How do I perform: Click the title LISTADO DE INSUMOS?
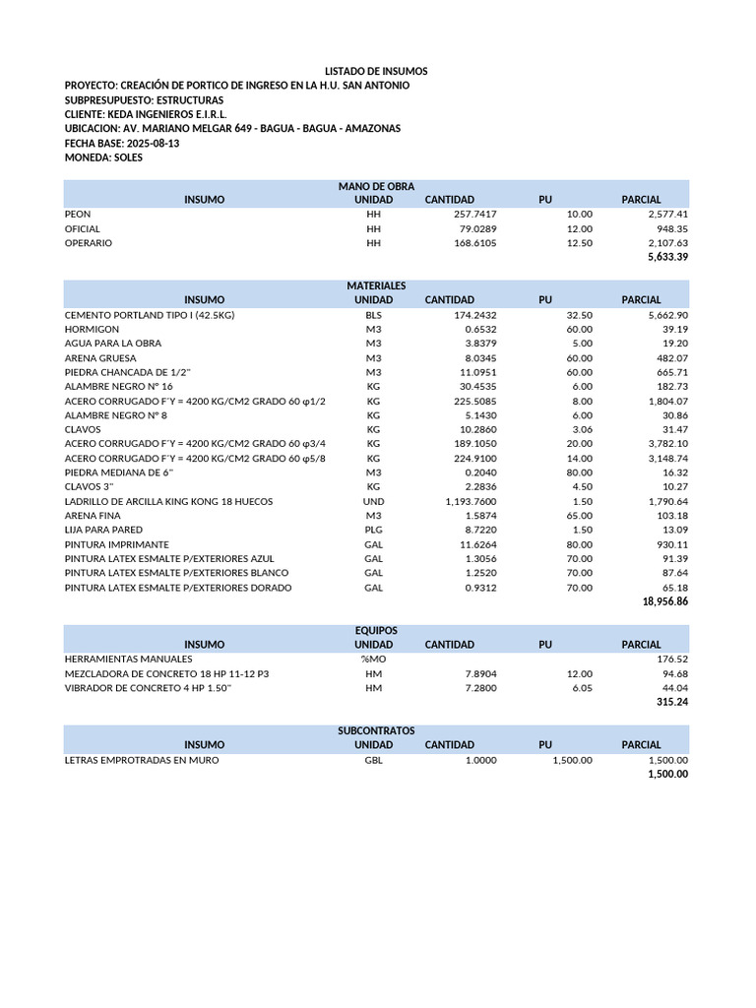pyautogui.click(x=377, y=72)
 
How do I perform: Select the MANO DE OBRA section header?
pyautogui.click(x=376, y=186)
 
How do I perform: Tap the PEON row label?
pyautogui.click(x=78, y=214)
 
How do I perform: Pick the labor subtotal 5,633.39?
pyautogui.click(x=667, y=257)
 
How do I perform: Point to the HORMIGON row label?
pyautogui.click(x=92, y=329)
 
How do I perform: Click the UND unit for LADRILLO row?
pyautogui.click(x=373, y=501)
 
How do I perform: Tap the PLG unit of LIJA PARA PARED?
pyautogui.click(x=373, y=530)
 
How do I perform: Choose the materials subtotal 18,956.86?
pyautogui.click(x=664, y=601)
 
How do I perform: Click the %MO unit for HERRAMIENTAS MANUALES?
pyautogui.click(x=373, y=659)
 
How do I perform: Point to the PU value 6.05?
pyautogui.click(x=580, y=687)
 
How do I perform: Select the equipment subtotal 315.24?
pyautogui.click(x=671, y=702)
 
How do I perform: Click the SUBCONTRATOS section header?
pyautogui.click(x=376, y=730)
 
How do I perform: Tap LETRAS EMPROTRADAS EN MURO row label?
pyautogui.click(x=142, y=760)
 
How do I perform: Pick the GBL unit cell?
pyautogui.click(x=373, y=760)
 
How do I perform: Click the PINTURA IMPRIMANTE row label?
pyautogui.click(x=116, y=544)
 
